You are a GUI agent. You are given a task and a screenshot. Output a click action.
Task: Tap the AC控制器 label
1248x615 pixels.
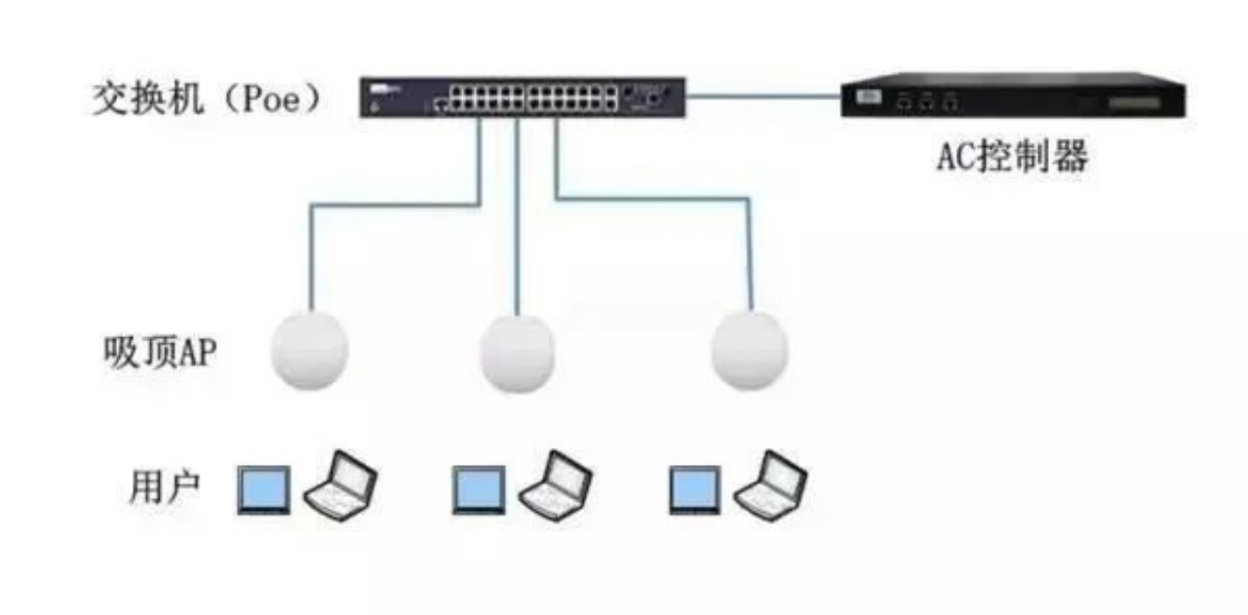(1011, 157)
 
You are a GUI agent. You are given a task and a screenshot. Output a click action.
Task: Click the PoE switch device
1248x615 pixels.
(523, 97)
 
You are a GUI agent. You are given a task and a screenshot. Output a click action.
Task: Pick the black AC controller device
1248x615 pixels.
(1013, 96)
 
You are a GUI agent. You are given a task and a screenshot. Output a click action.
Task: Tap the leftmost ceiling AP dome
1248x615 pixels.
(308, 348)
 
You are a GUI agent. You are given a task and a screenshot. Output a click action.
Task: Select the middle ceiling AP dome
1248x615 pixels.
(518, 353)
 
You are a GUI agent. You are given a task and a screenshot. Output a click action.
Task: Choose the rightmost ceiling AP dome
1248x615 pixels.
(749, 350)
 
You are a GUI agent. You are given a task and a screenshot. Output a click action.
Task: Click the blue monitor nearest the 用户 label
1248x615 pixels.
(264, 489)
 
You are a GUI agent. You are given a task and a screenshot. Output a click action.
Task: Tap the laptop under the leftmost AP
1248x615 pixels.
(340, 484)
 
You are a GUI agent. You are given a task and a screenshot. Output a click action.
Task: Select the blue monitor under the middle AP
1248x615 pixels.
(479, 489)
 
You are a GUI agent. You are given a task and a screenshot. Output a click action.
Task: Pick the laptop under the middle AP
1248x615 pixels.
(556, 484)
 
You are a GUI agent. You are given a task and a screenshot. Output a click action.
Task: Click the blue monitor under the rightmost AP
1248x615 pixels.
(694, 489)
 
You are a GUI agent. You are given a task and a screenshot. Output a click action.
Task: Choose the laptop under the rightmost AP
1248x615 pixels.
(771, 484)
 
